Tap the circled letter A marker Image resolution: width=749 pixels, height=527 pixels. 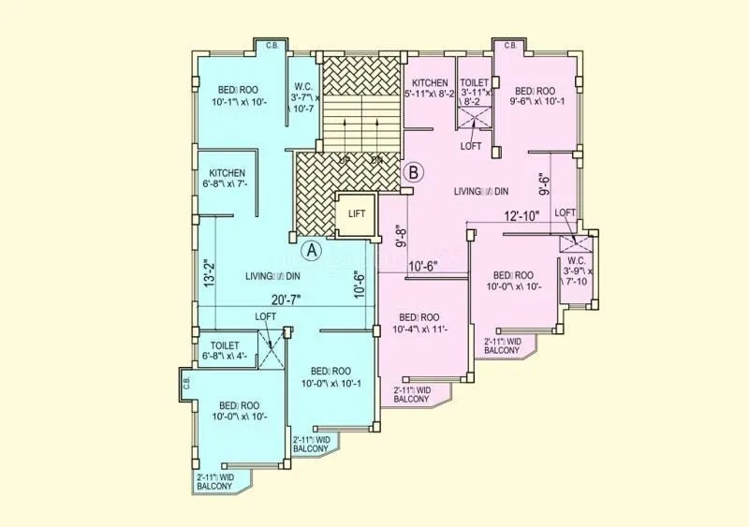click(x=313, y=251)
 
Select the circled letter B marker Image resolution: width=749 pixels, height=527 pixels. click(x=415, y=172)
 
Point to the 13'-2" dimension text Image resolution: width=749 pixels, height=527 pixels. click(x=207, y=274)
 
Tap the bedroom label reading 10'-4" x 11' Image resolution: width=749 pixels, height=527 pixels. click(x=419, y=323)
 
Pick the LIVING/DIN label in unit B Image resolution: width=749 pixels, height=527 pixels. click(x=481, y=191)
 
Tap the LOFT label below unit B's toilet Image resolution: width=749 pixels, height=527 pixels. click(x=472, y=147)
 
